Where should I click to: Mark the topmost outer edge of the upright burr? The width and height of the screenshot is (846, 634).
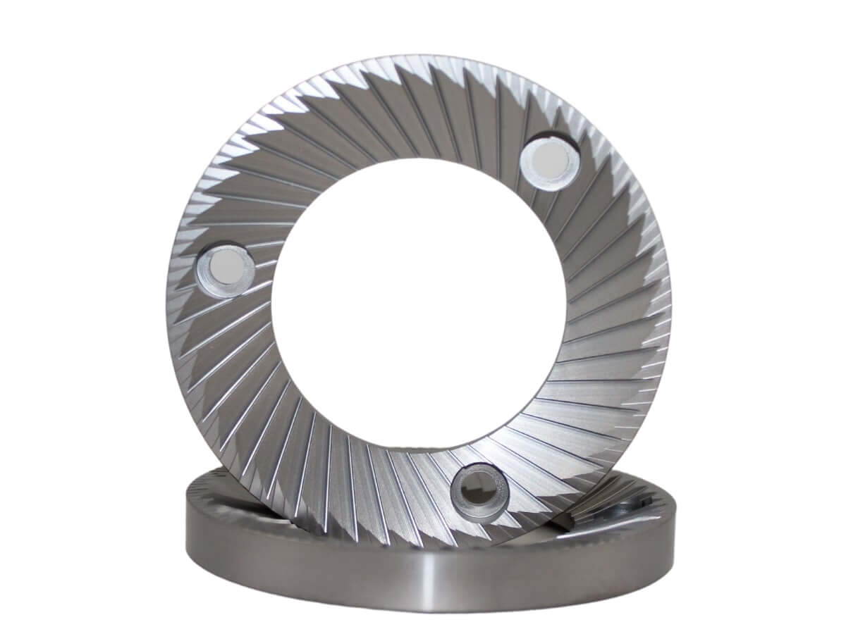416,55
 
